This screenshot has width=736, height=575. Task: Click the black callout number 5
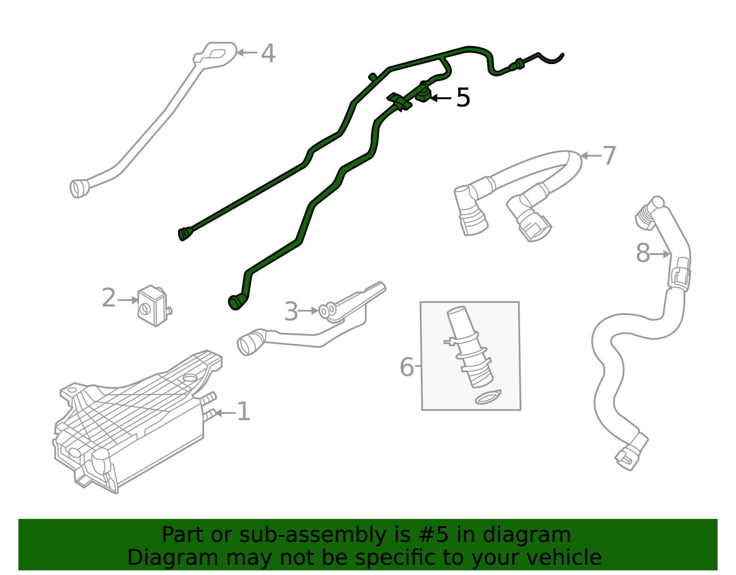click(x=463, y=98)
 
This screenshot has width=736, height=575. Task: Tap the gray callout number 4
click(x=268, y=53)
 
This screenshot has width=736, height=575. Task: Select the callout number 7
click(x=609, y=156)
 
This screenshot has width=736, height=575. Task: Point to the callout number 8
click(x=643, y=254)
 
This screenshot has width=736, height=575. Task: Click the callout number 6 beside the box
click(x=407, y=367)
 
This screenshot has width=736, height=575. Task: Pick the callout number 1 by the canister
click(x=243, y=412)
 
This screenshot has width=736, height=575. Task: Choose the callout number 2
click(x=109, y=298)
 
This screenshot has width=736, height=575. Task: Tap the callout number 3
click(x=291, y=312)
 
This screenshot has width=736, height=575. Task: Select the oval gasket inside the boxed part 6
click(x=488, y=397)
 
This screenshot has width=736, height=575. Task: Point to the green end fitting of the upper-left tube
click(x=184, y=233)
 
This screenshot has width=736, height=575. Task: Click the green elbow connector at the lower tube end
click(x=236, y=302)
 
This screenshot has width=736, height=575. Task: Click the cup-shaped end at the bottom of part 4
click(x=79, y=188)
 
